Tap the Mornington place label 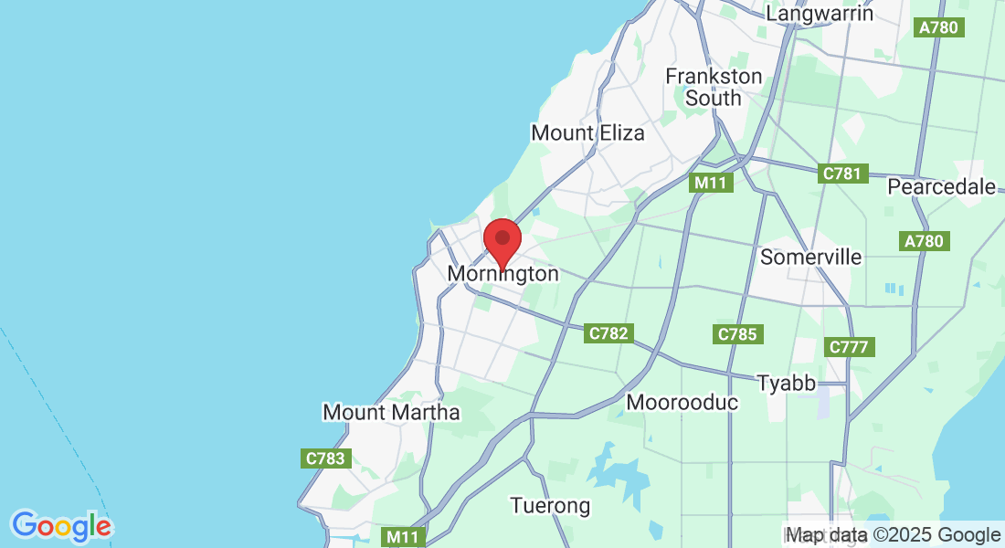(503, 274)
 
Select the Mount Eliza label (587, 133)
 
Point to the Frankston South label (713, 87)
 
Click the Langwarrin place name (820, 14)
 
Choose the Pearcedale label (942, 187)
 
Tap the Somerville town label (810, 257)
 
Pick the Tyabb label (786, 383)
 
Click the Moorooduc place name (682, 402)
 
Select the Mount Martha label (391, 412)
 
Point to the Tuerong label (550, 505)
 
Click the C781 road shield (842, 174)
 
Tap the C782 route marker (608, 333)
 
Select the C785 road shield (737, 334)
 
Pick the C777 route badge (850, 347)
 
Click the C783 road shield (325, 458)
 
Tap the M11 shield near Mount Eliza (710, 183)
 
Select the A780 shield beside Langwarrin (938, 27)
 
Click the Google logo (61, 527)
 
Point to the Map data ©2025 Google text (894, 535)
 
